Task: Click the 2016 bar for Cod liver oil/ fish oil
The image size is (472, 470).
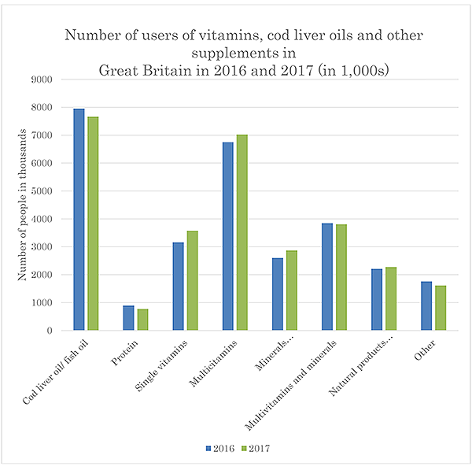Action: coord(79,220)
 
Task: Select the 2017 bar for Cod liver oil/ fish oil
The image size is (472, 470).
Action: coord(93,224)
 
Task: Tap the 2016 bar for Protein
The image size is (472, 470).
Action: coord(128,318)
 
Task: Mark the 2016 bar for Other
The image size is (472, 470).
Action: coord(426,306)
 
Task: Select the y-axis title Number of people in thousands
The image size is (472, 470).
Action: coord(23,205)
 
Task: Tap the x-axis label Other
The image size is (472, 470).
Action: coord(425,350)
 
